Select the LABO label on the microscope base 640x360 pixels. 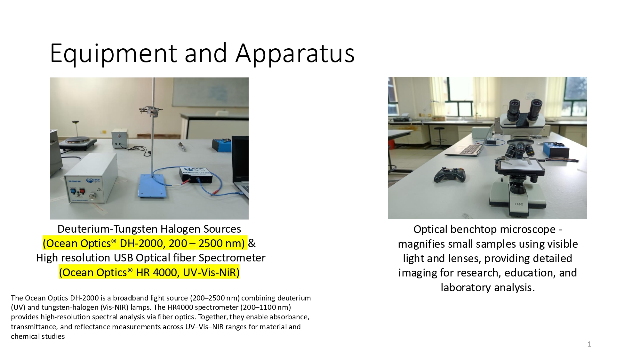pyautogui.click(x=519, y=204)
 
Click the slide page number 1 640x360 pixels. pyautogui.click(x=589, y=344)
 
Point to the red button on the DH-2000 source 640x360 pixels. pyautogui.click(x=82, y=191)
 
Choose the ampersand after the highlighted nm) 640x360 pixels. pyautogui.click(x=252, y=243)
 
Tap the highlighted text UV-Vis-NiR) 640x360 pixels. pyautogui.click(x=211, y=272)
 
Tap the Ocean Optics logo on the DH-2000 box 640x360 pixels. pyautogui.click(x=93, y=181)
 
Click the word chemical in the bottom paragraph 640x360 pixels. pyautogui.click(x=25, y=336)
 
